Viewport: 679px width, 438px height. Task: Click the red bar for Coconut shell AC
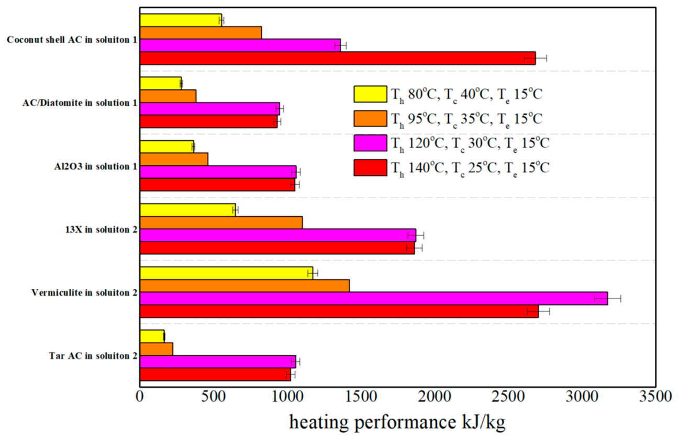(x=338, y=58)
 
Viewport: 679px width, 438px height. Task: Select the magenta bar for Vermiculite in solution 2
(x=374, y=299)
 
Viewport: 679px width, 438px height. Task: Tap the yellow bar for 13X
(x=187, y=210)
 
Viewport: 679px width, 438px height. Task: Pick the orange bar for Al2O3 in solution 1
(x=174, y=159)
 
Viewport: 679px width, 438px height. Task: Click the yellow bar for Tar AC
(x=152, y=336)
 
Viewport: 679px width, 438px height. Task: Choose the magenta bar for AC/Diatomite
(x=210, y=109)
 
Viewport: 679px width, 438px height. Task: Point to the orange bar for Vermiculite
(x=244, y=286)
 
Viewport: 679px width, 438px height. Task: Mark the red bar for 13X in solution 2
(x=277, y=248)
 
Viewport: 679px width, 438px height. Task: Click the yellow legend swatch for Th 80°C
(x=370, y=94)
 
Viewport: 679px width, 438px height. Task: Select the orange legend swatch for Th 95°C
(x=370, y=118)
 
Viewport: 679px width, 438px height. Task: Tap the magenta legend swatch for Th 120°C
(x=370, y=143)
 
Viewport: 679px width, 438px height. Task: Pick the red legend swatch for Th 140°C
(x=370, y=167)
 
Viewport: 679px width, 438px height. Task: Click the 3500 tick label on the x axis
(x=655, y=397)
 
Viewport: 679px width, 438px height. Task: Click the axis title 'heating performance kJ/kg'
(x=397, y=422)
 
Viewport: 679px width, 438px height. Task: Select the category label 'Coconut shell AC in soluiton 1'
(x=72, y=40)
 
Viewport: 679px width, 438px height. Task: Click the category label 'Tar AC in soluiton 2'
(x=93, y=356)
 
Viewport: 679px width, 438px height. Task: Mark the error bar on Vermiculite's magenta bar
(x=608, y=299)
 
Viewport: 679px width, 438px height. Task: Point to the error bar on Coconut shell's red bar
(x=536, y=58)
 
